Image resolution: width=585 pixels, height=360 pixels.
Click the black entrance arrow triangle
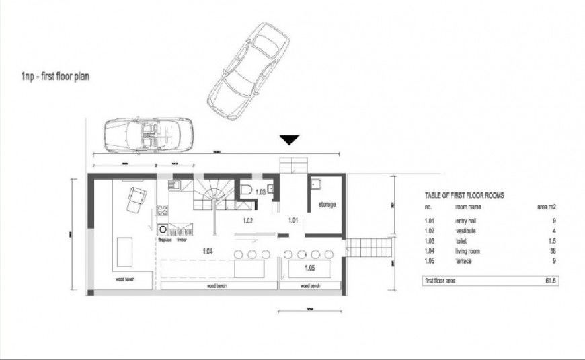(x=290, y=140)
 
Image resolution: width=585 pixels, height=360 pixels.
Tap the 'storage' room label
(x=327, y=204)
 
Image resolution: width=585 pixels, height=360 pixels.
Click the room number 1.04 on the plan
(x=209, y=250)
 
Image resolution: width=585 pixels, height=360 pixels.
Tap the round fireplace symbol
(x=163, y=229)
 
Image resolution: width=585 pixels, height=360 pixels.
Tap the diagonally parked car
(x=248, y=71)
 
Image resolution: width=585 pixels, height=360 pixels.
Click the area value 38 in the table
(x=553, y=250)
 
